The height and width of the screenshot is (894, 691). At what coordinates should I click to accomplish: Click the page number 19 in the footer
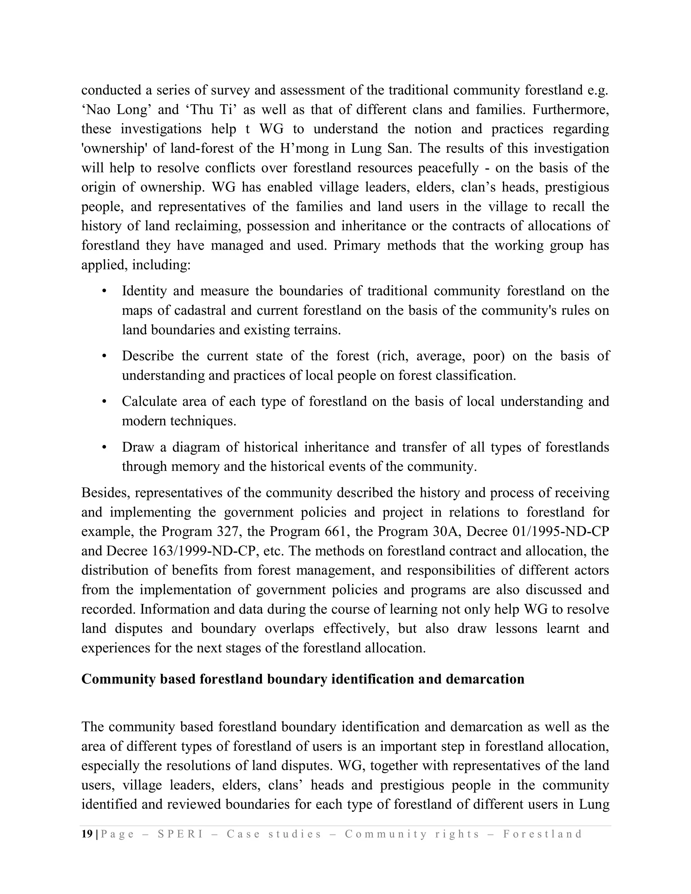(x=87, y=834)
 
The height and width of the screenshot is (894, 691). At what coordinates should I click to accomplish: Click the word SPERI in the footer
(x=180, y=834)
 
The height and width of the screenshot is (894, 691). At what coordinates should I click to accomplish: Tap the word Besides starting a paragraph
(x=106, y=493)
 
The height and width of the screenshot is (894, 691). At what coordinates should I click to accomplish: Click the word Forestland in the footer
(x=543, y=834)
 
